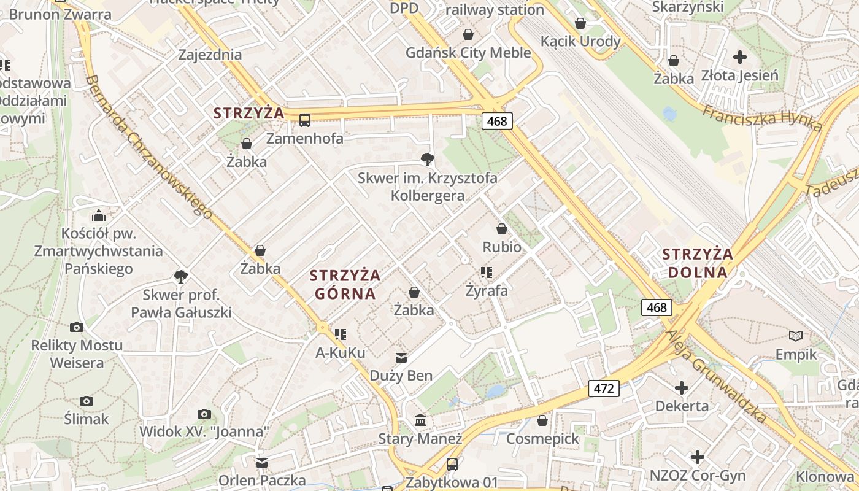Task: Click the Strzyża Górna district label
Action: pyautogui.click(x=345, y=284)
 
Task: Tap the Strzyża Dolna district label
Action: pyautogui.click(x=697, y=263)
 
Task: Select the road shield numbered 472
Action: pyautogui.click(x=604, y=388)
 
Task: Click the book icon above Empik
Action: pyautogui.click(x=796, y=336)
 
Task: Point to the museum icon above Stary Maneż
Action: pyautogui.click(x=421, y=420)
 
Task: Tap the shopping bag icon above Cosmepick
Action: pyautogui.click(x=542, y=420)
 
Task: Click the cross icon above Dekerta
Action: pyautogui.click(x=682, y=388)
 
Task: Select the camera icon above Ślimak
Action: pyautogui.click(x=87, y=401)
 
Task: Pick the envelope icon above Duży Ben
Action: pyautogui.click(x=401, y=357)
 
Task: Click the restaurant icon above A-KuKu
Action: pyautogui.click(x=341, y=334)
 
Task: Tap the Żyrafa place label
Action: pyautogui.click(x=487, y=290)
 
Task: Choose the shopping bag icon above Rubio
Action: pyautogui.click(x=502, y=229)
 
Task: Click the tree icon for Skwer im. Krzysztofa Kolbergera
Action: pyautogui.click(x=427, y=160)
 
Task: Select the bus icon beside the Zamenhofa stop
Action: pyautogui.click(x=305, y=120)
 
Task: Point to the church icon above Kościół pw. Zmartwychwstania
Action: pyautogui.click(x=98, y=215)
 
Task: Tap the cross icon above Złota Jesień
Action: pyautogui.click(x=740, y=57)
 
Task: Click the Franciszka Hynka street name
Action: pyautogui.click(x=762, y=118)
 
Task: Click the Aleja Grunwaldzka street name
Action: pyautogui.click(x=717, y=376)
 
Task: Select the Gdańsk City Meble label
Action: pyautogui.click(x=468, y=53)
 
